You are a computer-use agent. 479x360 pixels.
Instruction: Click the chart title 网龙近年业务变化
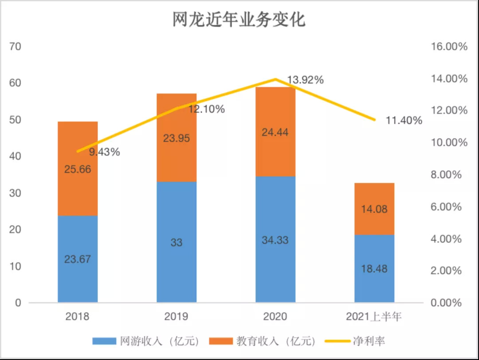pyautogui.click(x=239, y=20)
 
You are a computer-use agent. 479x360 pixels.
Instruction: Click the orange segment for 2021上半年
pyautogui.click(x=374, y=208)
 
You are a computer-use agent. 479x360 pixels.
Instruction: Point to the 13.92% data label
pyautogui.click(x=305, y=80)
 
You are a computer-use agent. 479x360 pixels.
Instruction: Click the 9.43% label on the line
pyautogui.click(x=104, y=152)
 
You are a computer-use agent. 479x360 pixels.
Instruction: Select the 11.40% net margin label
pyautogui.click(x=404, y=120)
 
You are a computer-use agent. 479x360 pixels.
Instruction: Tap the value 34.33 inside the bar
pyautogui.click(x=275, y=240)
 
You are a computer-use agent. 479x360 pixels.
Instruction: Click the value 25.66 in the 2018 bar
pyautogui.click(x=78, y=169)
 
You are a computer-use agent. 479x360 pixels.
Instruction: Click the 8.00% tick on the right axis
pyautogui.click(x=447, y=175)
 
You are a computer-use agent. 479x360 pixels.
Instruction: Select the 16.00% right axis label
pyautogui.click(x=447, y=47)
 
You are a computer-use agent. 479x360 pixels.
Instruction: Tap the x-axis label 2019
pyautogui.click(x=177, y=317)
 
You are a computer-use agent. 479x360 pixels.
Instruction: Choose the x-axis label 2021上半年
pyautogui.click(x=374, y=317)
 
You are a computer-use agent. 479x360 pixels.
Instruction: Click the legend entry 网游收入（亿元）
pyautogui.click(x=146, y=341)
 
